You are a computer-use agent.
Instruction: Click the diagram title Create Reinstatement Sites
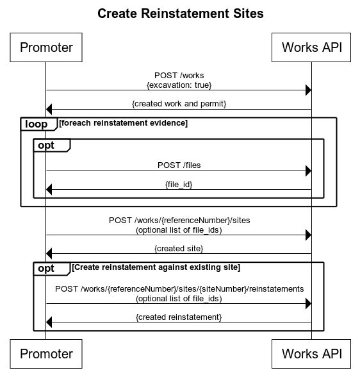180,13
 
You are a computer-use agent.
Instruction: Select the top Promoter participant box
46,47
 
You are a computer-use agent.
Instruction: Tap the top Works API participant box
311,47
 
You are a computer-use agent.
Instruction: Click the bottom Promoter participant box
46,353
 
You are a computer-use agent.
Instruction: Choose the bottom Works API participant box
311,353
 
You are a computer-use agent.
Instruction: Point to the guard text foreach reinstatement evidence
124,123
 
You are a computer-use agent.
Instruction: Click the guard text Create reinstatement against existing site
156,267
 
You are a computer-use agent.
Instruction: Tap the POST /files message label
179,165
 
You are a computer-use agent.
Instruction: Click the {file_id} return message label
179,184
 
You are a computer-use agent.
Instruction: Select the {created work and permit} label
179,103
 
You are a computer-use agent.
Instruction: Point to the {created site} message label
179,248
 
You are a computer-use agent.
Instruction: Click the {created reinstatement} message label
179,317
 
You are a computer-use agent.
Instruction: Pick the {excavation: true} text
179,85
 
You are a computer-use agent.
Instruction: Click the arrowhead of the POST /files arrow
307,171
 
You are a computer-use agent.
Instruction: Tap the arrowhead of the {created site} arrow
50,255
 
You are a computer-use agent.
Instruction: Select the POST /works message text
179,76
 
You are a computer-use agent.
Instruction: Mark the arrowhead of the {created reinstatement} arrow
50,322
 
